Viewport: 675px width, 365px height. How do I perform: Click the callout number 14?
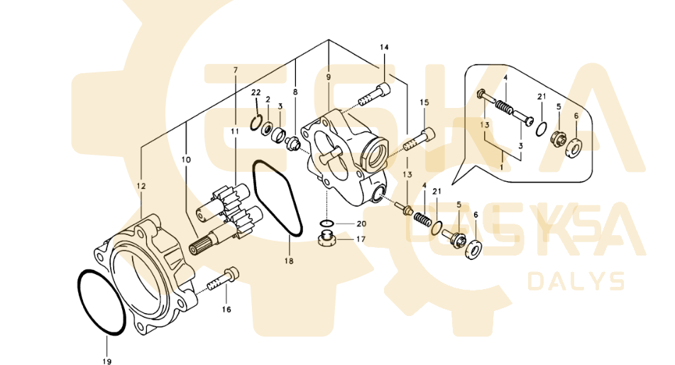(385, 48)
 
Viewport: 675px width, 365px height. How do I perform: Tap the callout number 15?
(424, 103)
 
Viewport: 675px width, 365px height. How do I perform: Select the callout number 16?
(226, 310)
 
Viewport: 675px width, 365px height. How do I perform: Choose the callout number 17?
(361, 239)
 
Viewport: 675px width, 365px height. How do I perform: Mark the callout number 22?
(256, 93)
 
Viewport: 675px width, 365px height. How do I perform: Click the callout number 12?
(141, 185)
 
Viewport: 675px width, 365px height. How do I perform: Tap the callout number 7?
(235, 70)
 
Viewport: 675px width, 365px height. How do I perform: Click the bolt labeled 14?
(374, 95)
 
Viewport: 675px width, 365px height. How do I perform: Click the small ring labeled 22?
(258, 123)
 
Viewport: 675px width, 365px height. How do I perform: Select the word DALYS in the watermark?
(576, 282)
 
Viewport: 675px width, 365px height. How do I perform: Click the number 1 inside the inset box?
(502, 165)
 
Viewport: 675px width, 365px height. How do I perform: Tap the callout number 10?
(186, 160)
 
